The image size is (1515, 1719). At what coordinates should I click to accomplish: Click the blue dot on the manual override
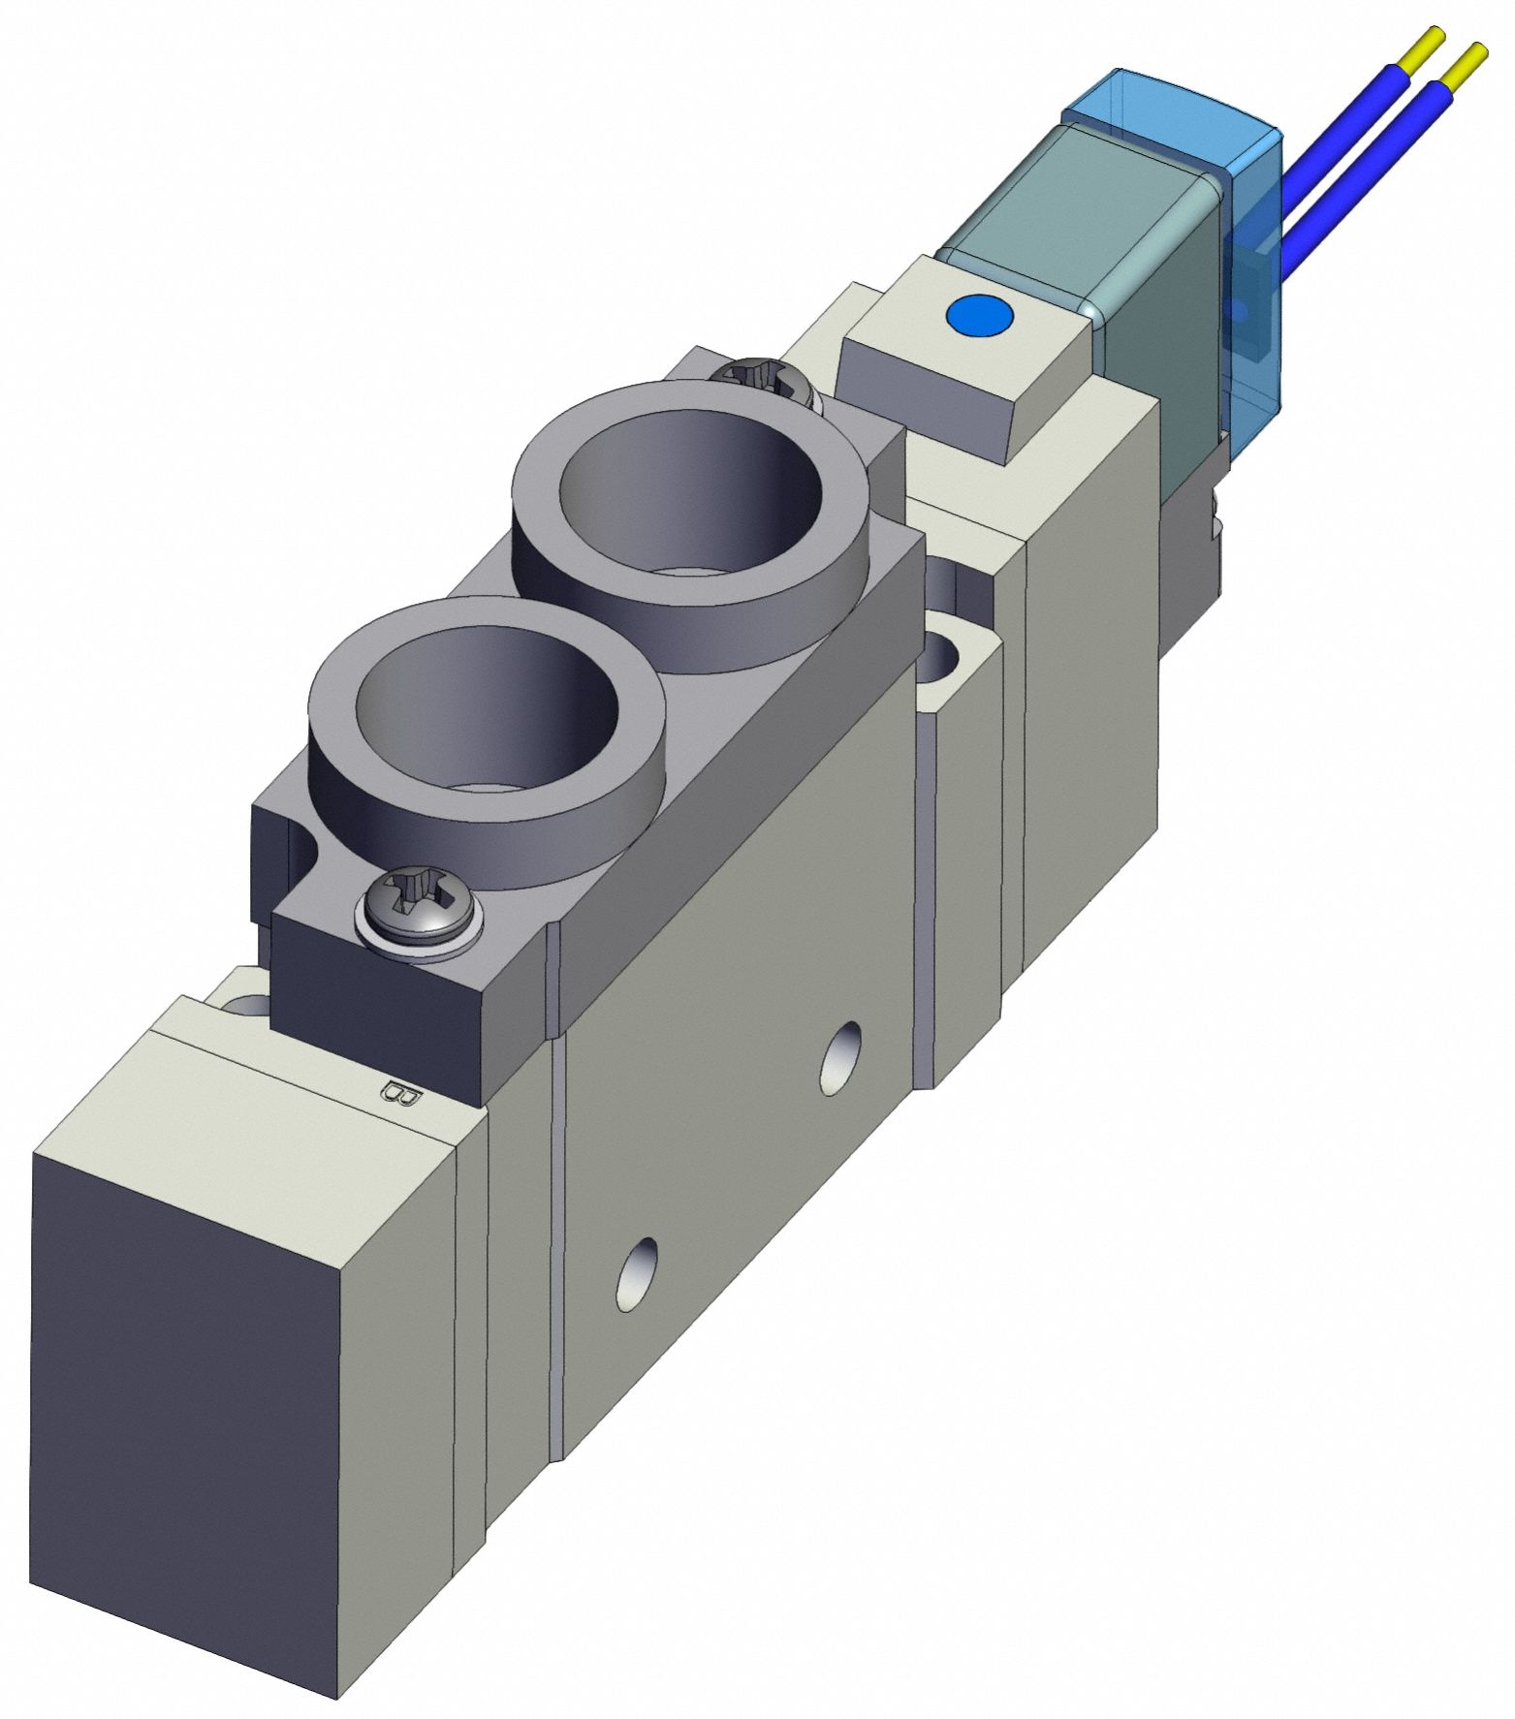[x=980, y=316]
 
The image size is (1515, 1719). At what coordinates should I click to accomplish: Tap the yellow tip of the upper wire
[x=1426, y=44]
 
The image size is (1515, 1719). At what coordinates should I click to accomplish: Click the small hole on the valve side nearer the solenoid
[x=839, y=1057]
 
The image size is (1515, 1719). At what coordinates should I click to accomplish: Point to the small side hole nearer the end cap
[x=636, y=1273]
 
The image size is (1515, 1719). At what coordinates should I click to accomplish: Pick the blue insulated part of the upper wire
[x=1347, y=126]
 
